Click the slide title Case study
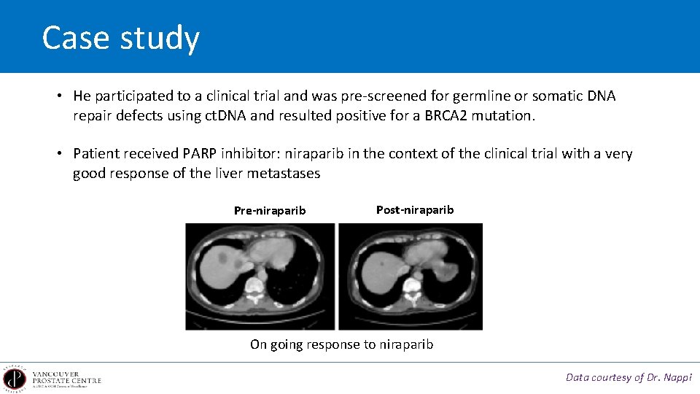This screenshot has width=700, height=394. tap(120, 38)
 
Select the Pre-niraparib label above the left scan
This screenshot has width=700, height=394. tap(270, 211)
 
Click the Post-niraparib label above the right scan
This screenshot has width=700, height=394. tap(415, 210)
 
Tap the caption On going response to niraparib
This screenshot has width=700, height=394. tap(341, 344)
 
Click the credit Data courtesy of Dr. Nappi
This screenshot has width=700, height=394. tap(629, 377)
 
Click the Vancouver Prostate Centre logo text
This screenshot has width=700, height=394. tap(66, 377)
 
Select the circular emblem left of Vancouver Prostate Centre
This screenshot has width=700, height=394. tap(14, 377)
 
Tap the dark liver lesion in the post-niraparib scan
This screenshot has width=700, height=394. tap(381, 260)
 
